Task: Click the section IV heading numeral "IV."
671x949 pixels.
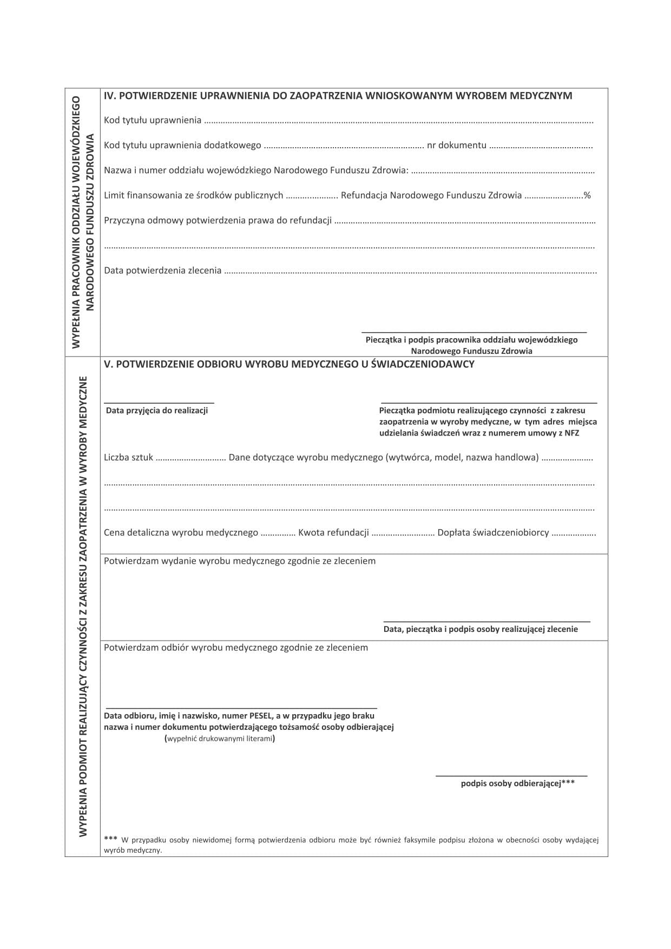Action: coord(109,96)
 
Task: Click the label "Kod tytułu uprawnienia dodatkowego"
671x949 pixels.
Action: coord(182,146)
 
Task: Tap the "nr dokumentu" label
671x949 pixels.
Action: coord(456,146)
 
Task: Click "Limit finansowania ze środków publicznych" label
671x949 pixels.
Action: coord(193,195)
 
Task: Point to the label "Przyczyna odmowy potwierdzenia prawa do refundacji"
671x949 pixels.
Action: coord(218,220)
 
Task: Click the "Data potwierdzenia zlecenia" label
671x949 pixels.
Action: coord(162,271)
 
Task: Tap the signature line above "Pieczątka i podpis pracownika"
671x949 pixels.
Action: coord(473,331)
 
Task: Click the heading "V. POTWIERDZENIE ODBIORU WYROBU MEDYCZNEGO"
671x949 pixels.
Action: coord(289,364)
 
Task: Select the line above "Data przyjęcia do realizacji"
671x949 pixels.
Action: coord(159,403)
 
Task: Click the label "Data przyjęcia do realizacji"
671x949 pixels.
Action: coord(157,411)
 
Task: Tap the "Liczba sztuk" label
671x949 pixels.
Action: coord(128,458)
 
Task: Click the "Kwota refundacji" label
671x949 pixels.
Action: coord(333,533)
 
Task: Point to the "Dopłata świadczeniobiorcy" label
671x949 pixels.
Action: coord(493,533)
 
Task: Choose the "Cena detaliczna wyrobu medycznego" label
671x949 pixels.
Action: coord(181,533)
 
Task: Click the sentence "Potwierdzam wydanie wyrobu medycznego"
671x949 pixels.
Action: coord(239,561)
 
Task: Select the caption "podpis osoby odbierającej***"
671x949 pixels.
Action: coord(517,783)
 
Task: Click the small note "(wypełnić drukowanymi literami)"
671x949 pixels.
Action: coord(219,739)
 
